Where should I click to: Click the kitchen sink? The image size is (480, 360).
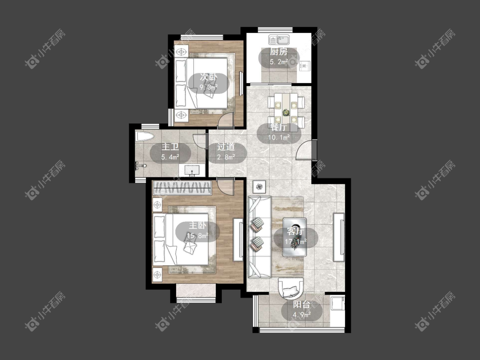(279, 40)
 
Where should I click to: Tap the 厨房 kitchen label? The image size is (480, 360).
(279, 52)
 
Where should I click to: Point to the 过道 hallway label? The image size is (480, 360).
(226, 147)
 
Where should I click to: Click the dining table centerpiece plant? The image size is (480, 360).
(286, 113)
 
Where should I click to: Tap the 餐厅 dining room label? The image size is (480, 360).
(279, 128)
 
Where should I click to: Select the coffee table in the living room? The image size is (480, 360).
(294, 237)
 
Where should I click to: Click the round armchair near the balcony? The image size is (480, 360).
(291, 288)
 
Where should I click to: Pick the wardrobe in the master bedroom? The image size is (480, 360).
(182, 188)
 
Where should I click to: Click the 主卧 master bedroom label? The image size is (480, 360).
(198, 226)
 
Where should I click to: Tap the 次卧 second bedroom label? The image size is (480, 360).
(209, 77)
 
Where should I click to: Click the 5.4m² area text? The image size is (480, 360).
(170, 157)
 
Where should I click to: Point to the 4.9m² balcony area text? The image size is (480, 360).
(302, 314)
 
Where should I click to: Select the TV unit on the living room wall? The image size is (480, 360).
(339, 237)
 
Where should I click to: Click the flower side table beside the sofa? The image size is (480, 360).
(259, 186)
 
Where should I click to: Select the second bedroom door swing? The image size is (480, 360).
(226, 120)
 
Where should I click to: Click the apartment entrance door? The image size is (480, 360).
(306, 150)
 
